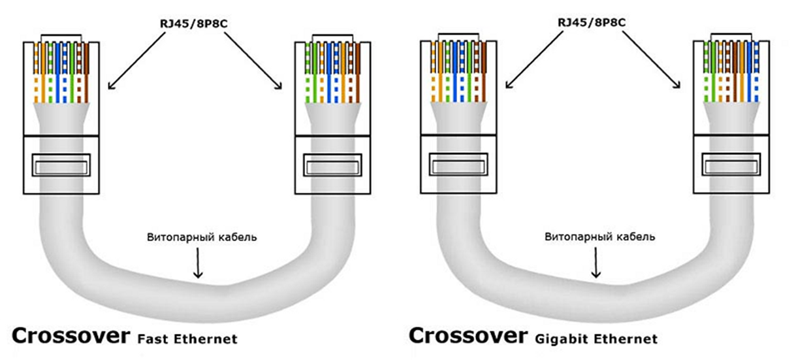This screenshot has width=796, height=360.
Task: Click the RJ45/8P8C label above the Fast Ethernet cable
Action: pyautogui.click(x=194, y=24)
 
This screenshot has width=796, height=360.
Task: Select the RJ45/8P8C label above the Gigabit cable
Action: pyautogui.click(x=592, y=23)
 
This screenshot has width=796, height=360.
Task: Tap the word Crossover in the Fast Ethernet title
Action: pyautogui.click(x=71, y=336)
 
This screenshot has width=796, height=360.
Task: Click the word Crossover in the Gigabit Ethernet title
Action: pyautogui.click(x=468, y=336)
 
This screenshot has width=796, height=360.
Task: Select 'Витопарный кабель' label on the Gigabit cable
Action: pyautogui.click(x=599, y=237)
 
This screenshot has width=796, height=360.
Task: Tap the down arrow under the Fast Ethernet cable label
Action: pyautogui.click(x=197, y=265)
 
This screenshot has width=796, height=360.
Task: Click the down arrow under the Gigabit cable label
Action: pyautogui.click(x=595, y=265)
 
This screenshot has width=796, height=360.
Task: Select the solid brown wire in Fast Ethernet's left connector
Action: pyautogui.click(x=86, y=72)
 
